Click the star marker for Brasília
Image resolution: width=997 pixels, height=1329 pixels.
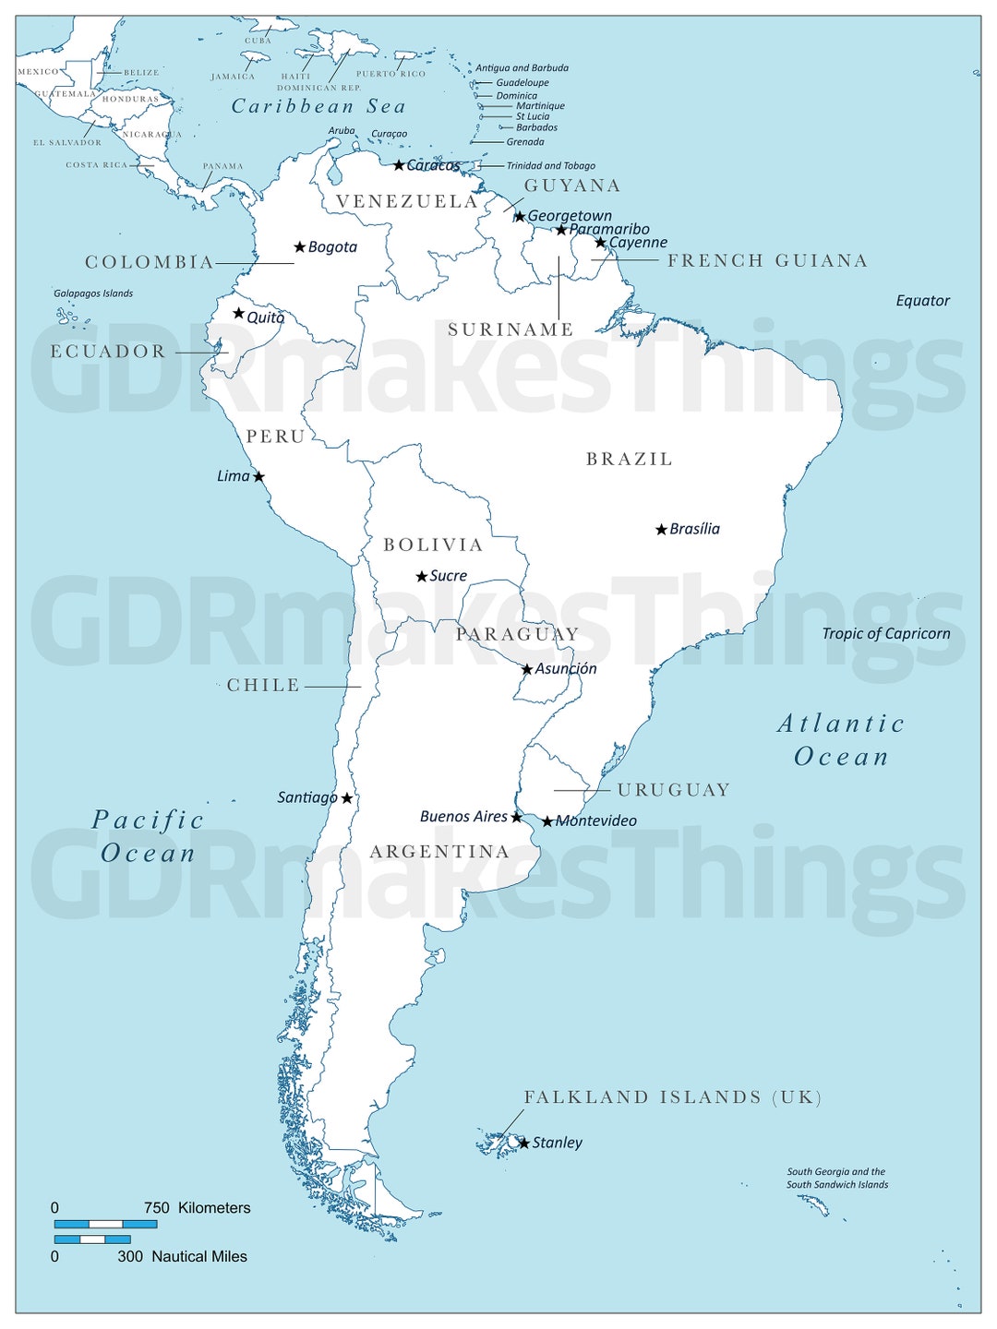[661, 530]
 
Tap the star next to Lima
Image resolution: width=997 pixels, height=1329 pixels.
[258, 477]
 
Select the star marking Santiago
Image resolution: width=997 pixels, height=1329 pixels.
[347, 798]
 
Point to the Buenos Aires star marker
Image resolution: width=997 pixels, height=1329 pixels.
[516, 817]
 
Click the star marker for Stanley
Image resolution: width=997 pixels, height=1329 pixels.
[524, 1143]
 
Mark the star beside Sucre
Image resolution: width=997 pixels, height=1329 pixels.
[422, 577]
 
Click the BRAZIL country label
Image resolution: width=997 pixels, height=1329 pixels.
[630, 459]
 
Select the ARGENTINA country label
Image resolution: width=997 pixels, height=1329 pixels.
[439, 852]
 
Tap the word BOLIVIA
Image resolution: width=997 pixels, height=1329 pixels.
[433, 545]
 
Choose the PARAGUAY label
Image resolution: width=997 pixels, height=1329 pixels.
[517, 634]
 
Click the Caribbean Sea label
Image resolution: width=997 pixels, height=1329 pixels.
[318, 106]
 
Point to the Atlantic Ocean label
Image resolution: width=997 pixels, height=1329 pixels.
[841, 740]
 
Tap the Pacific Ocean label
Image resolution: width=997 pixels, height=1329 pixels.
[148, 836]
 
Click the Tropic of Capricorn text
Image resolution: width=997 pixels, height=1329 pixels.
[885, 634]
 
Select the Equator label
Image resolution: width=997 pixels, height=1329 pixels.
[922, 301]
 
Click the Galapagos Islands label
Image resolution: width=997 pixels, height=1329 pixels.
[93, 293]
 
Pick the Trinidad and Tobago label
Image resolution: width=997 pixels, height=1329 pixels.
[550, 166]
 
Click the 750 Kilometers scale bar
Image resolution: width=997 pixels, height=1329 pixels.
[105, 1225]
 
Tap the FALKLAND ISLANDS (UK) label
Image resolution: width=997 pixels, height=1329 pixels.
[673, 1097]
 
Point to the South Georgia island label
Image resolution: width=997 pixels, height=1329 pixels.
[836, 1179]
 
